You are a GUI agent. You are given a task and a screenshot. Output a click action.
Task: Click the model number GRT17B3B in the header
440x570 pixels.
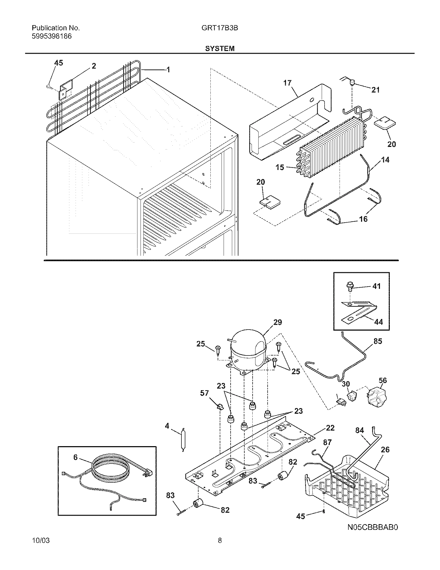(x=219, y=28)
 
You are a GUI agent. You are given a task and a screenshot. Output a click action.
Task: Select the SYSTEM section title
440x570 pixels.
(x=220, y=48)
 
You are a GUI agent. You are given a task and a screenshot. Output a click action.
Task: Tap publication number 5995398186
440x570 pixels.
(x=52, y=36)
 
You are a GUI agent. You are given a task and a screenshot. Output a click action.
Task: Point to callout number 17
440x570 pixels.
(x=287, y=83)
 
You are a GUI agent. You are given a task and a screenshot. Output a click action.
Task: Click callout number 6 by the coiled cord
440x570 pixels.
(x=75, y=457)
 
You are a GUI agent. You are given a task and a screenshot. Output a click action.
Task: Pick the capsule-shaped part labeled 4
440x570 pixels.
(x=182, y=440)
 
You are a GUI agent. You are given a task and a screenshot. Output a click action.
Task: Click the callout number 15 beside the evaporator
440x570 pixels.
(x=280, y=167)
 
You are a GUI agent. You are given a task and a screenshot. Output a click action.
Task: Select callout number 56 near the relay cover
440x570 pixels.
(x=383, y=380)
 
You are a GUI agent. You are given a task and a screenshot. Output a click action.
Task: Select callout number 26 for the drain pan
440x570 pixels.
(x=385, y=450)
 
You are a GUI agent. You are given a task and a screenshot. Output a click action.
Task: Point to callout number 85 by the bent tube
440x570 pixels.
(x=378, y=341)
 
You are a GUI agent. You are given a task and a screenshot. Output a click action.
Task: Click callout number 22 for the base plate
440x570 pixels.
(x=330, y=428)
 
